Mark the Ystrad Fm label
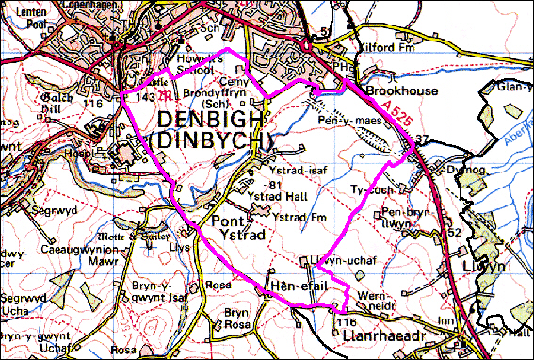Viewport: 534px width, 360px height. (x=293, y=218)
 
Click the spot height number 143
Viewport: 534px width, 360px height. (x=144, y=96)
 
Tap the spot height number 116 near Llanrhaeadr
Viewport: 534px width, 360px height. (x=344, y=322)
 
